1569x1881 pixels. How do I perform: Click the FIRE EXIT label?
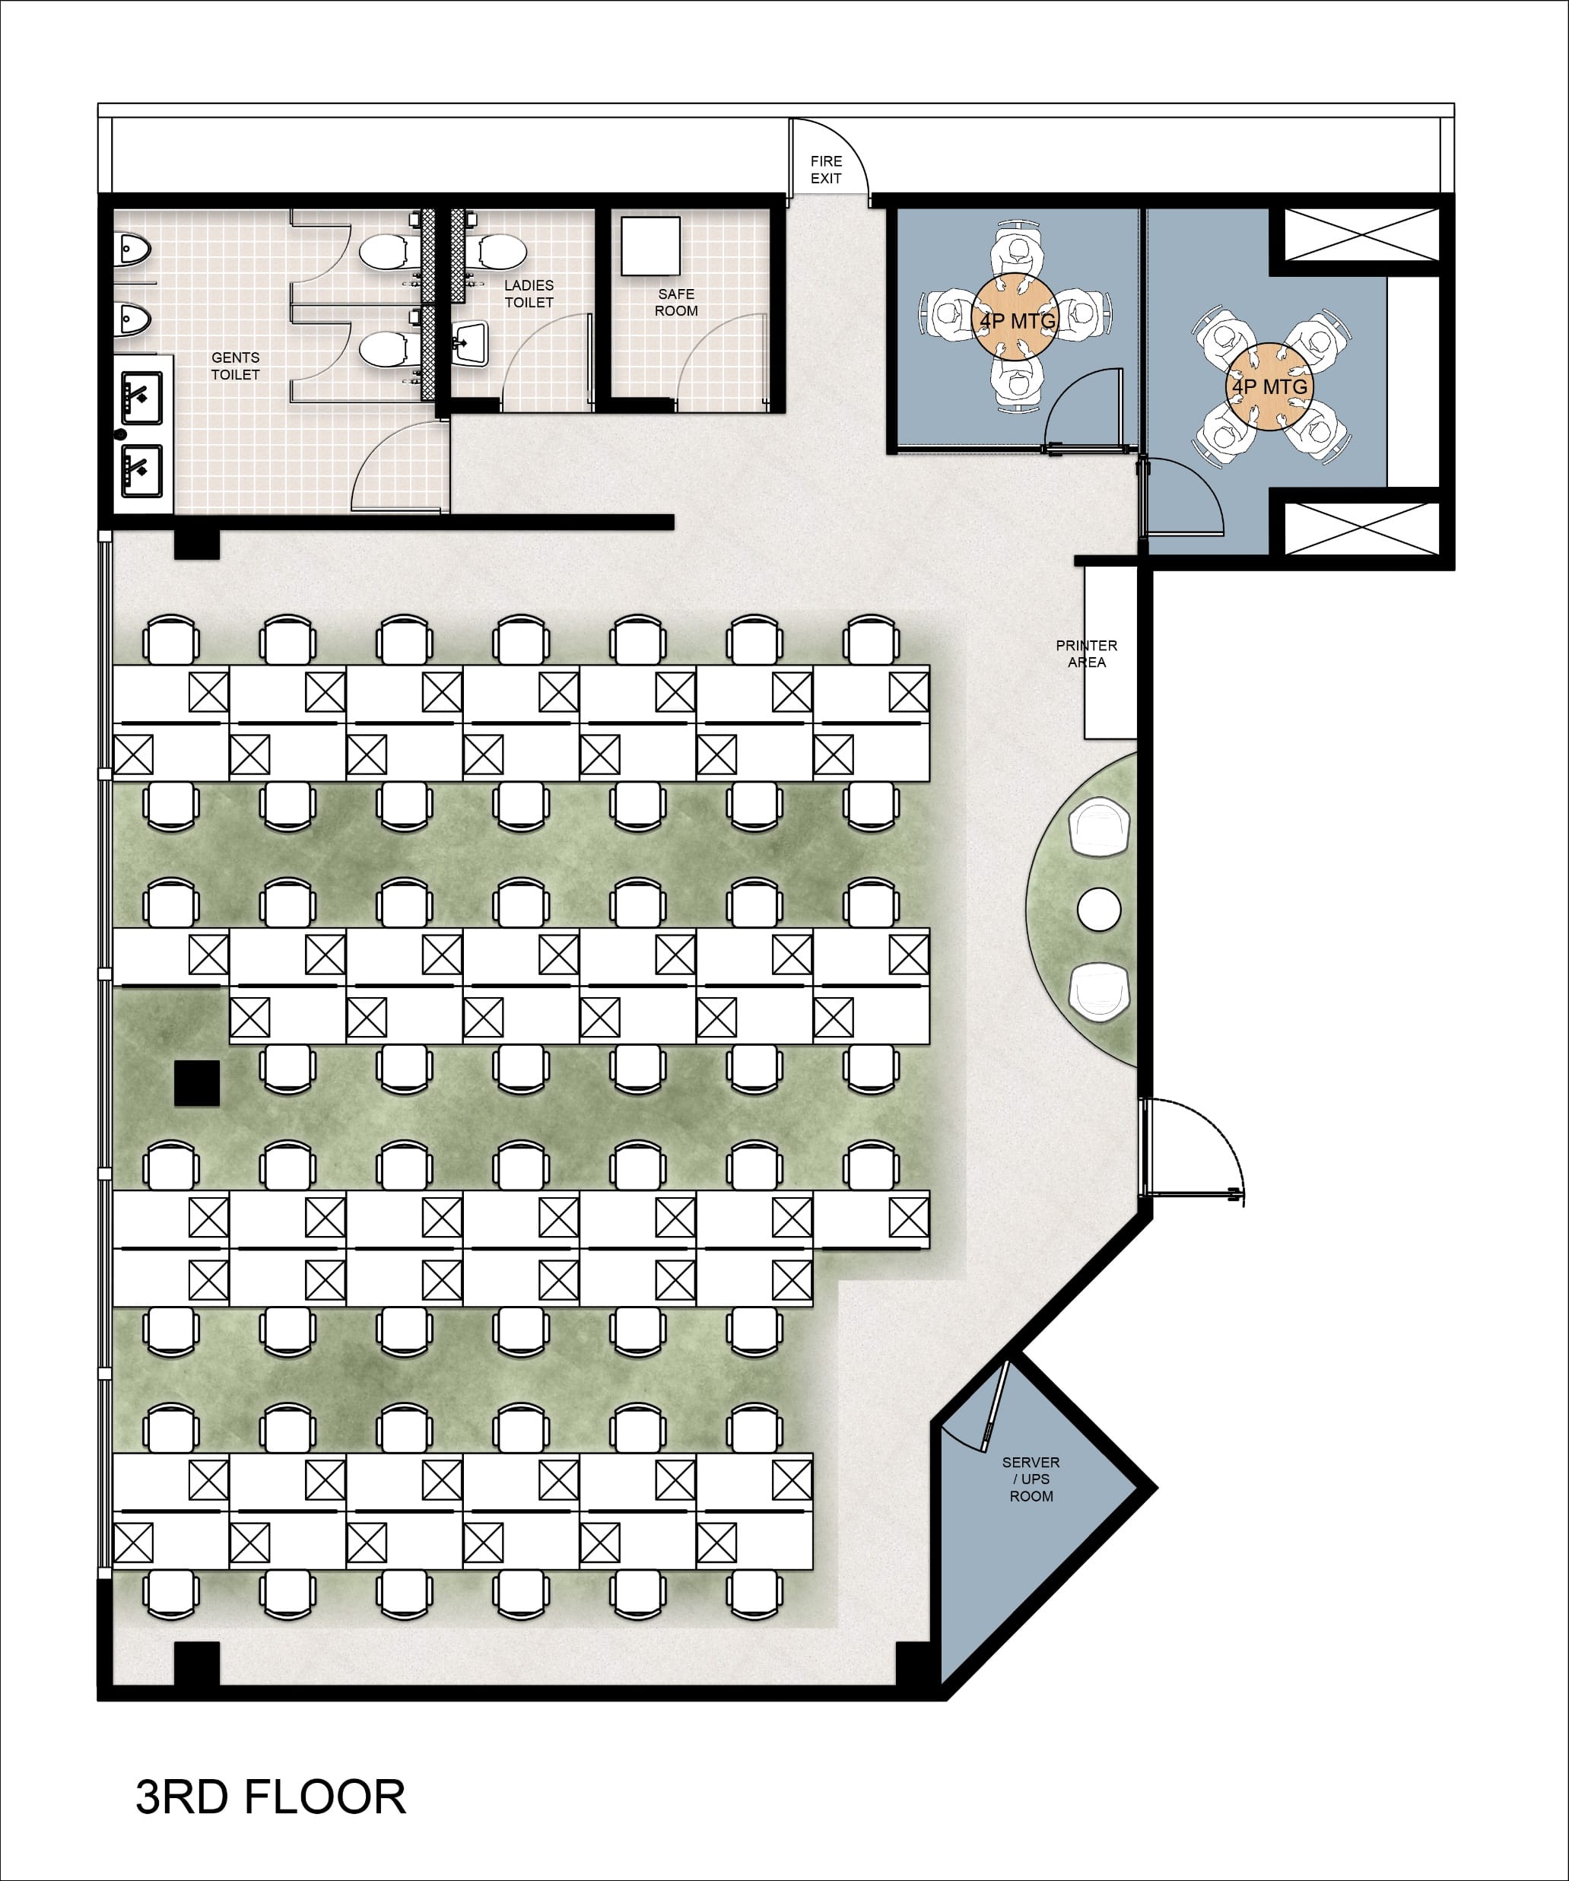tap(826, 170)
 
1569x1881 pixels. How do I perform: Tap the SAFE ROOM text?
tap(676, 302)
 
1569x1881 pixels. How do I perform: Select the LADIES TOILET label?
tap(529, 294)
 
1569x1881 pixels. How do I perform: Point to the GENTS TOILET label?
tap(236, 365)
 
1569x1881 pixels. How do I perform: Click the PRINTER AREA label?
tap(1086, 653)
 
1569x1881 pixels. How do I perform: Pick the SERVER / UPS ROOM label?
tap(1031, 1479)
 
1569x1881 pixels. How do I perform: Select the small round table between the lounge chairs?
tap(1099, 909)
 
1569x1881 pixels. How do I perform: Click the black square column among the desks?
tap(197, 1083)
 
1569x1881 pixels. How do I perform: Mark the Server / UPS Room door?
tap(996, 1406)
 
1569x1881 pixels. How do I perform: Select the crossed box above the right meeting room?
tap(1361, 235)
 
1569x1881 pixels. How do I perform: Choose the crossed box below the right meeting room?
tap(1361, 529)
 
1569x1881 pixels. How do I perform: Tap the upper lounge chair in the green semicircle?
tap(1100, 826)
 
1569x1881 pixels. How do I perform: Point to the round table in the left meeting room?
tap(1015, 317)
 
